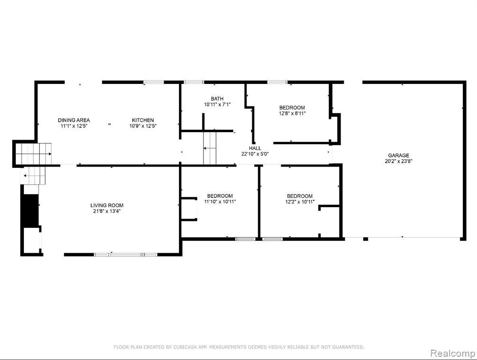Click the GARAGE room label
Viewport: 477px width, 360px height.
[x=398, y=156]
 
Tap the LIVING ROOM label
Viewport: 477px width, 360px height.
[x=107, y=205]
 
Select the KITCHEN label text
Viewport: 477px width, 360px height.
[x=142, y=120]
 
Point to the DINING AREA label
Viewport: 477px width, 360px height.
[x=74, y=120]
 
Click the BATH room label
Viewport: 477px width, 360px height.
[x=217, y=98]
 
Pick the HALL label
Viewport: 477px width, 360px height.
[x=255, y=148]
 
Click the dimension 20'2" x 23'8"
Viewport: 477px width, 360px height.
[x=398, y=161]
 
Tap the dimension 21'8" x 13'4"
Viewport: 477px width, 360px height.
[x=107, y=211]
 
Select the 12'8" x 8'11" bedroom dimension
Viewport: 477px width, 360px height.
[x=292, y=113]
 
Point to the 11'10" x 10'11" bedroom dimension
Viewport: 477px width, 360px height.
[x=220, y=202]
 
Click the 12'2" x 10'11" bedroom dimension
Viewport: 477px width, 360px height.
[x=299, y=202]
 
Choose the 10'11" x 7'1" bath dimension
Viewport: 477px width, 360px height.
[x=217, y=105]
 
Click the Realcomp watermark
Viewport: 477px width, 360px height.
[x=453, y=353]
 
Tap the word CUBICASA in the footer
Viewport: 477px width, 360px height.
[x=185, y=347]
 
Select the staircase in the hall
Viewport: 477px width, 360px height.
[x=209, y=148]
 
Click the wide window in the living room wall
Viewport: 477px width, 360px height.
[x=126, y=255]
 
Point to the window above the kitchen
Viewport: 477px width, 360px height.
[x=154, y=82]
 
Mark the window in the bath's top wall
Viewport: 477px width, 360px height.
[x=194, y=82]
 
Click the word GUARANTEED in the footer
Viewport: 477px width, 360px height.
[x=348, y=347]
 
